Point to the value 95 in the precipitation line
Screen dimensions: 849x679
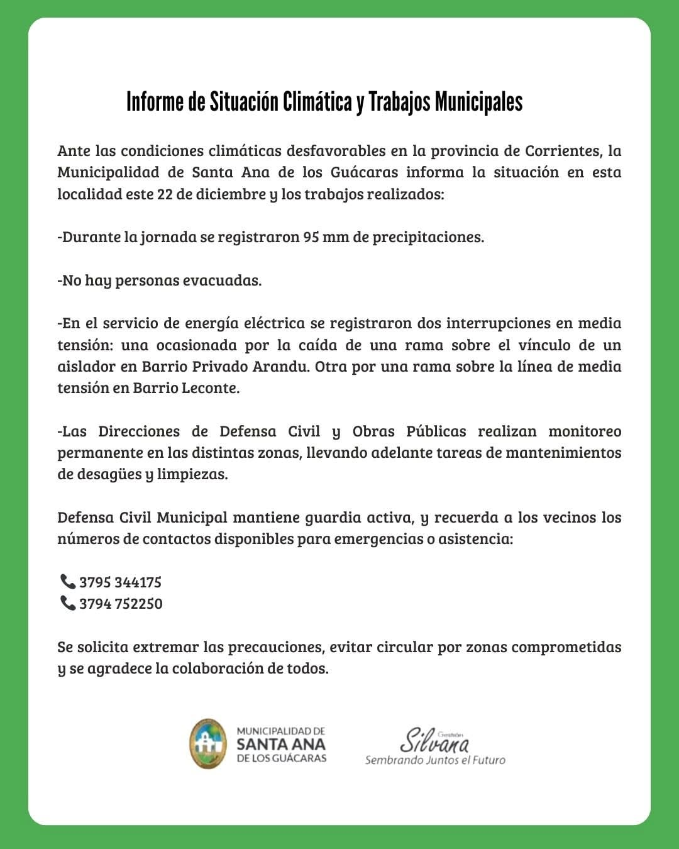tap(311, 237)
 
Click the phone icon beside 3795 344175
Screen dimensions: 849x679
tap(67, 581)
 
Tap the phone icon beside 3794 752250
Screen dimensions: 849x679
tap(67, 603)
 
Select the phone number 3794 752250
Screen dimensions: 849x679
tap(121, 604)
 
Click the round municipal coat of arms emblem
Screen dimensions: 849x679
tap(208, 744)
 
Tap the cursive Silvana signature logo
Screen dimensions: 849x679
tap(435, 740)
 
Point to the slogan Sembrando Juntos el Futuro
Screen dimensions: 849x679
tap(435, 760)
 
